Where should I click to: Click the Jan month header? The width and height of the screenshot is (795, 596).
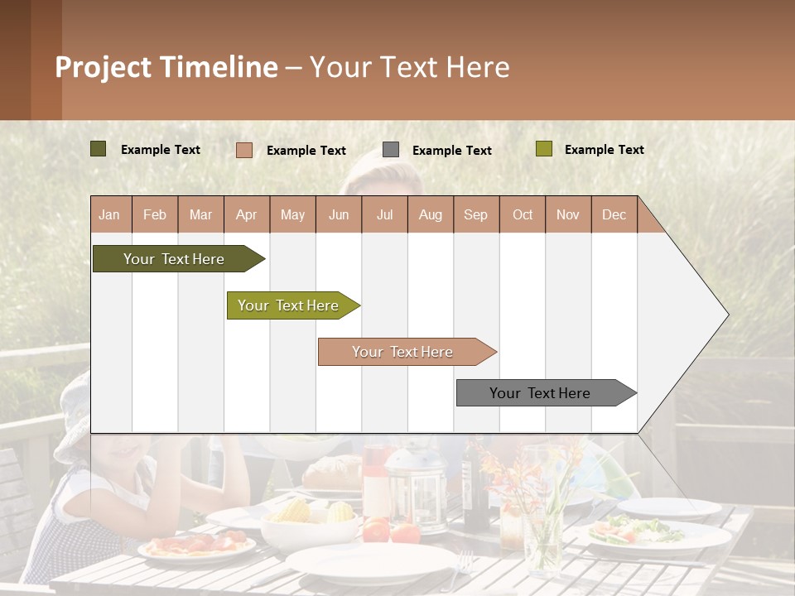click(110, 214)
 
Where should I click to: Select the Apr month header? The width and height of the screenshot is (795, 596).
click(247, 214)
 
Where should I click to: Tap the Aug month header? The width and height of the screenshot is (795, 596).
click(431, 214)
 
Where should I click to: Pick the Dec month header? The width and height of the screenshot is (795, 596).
click(614, 214)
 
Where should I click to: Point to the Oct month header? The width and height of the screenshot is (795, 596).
click(523, 214)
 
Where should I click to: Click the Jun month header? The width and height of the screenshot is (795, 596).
click(339, 214)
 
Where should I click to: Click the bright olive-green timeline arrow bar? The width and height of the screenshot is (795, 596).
click(290, 305)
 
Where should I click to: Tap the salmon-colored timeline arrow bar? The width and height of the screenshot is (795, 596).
click(404, 352)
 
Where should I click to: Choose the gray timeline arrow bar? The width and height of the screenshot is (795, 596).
click(542, 393)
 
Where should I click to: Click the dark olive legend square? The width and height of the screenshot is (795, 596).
click(99, 149)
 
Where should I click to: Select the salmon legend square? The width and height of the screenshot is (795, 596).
click(244, 150)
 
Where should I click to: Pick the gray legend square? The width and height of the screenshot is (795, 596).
click(391, 150)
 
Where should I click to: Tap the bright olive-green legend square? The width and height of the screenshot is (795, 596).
click(543, 149)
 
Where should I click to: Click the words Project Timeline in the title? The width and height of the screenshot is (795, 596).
click(166, 67)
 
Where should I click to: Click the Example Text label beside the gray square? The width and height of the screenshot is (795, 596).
click(452, 150)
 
